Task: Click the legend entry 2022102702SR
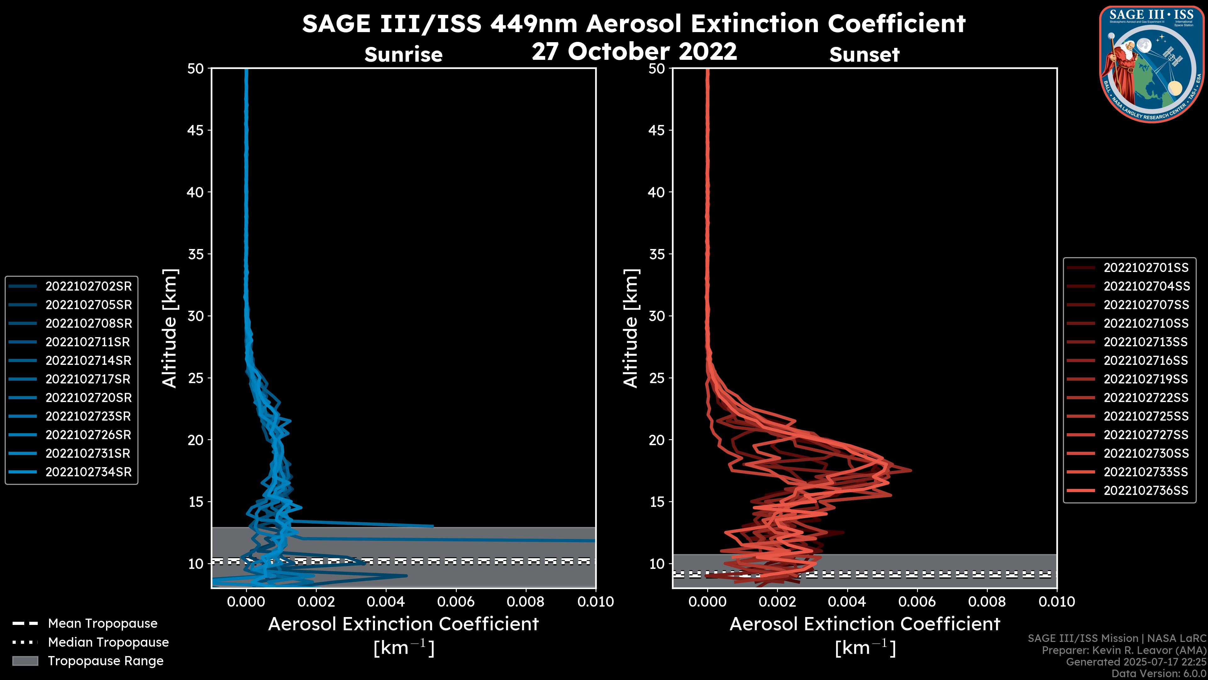pyautogui.click(x=88, y=286)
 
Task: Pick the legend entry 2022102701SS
pyautogui.click(x=1146, y=268)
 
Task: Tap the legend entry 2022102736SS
pyautogui.click(x=1146, y=491)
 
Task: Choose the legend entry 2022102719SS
pyautogui.click(x=1146, y=379)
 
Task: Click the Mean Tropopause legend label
pyautogui.click(x=103, y=624)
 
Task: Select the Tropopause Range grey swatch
pyautogui.click(x=25, y=661)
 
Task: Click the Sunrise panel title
pyautogui.click(x=403, y=55)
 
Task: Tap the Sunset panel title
pyautogui.click(x=864, y=55)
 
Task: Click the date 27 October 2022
pyautogui.click(x=634, y=51)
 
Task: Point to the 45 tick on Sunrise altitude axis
pyautogui.click(x=196, y=130)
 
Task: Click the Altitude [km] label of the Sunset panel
pyautogui.click(x=631, y=328)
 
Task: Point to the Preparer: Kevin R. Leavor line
pyautogui.click(x=1124, y=650)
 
